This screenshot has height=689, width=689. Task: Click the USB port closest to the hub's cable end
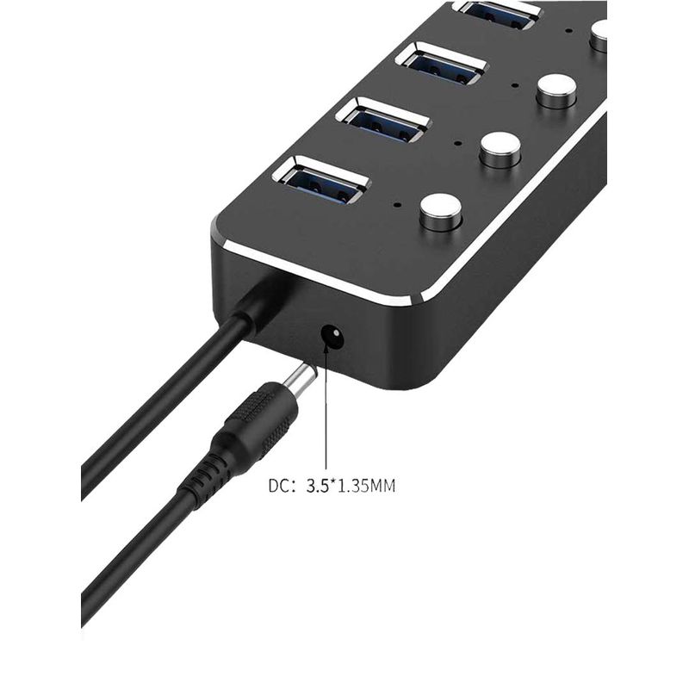(x=320, y=182)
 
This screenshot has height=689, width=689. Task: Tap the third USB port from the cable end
(x=442, y=65)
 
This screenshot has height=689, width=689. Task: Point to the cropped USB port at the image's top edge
(x=499, y=14)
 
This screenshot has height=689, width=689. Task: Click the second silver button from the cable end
(x=500, y=149)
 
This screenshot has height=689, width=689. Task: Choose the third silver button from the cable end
(x=556, y=90)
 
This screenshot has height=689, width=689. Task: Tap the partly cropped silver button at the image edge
(x=599, y=35)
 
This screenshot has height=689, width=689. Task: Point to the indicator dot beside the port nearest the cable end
(x=398, y=204)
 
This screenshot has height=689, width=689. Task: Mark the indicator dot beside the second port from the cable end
(x=458, y=143)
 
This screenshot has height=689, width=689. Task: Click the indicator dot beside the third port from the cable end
(x=515, y=85)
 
